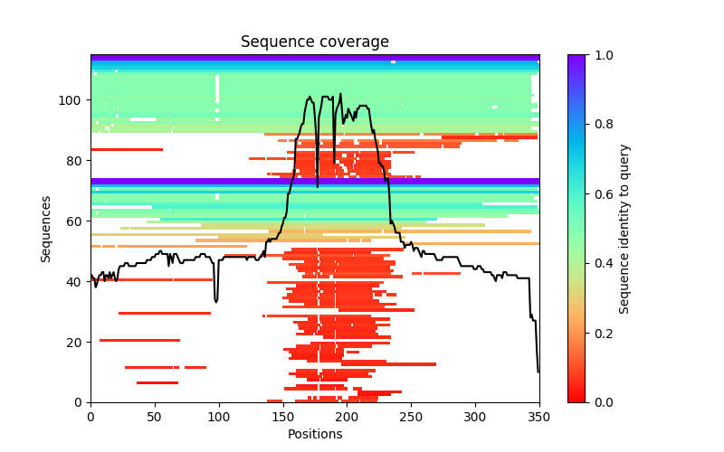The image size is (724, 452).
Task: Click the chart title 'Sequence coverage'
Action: [315, 42]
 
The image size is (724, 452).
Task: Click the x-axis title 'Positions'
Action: [315, 434]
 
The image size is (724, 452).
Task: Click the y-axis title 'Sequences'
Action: [46, 229]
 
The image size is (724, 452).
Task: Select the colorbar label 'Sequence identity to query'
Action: [624, 229]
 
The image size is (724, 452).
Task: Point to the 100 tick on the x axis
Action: [219, 403]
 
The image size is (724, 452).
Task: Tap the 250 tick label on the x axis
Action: [411, 417]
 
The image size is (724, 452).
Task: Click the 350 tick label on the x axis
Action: [539, 417]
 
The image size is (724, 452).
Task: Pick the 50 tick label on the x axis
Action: [155, 417]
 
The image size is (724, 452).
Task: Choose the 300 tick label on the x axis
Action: [475, 417]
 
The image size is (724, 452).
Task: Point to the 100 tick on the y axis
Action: [90, 99]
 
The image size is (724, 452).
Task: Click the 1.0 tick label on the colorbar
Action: [604, 55]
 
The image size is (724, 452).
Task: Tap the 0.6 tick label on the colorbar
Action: [604, 193]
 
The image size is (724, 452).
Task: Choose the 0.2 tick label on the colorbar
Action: [604, 333]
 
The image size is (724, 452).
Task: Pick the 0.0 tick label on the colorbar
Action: [604, 402]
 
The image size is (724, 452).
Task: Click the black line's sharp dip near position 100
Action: [216, 300]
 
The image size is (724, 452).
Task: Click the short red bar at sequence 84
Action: [127, 149]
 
